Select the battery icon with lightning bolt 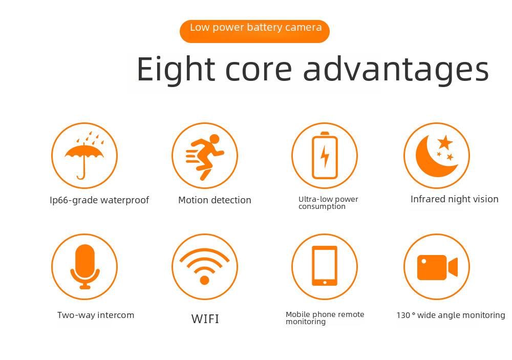[x=325, y=156]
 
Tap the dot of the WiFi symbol [x=204, y=280]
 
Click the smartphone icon [x=325, y=266]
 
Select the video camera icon [x=437, y=267]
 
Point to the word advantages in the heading [x=396, y=69]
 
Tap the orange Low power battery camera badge [x=254, y=31]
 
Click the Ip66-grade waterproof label [x=99, y=200]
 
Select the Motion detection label [x=215, y=200]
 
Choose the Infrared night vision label [x=454, y=199]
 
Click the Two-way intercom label [x=96, y=315]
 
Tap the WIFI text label [x=205, y=319]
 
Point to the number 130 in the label [x=403, y=315]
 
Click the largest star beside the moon [x=445, y=142]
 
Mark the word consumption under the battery [x=322, y=207]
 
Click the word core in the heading [x=258, y=70]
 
